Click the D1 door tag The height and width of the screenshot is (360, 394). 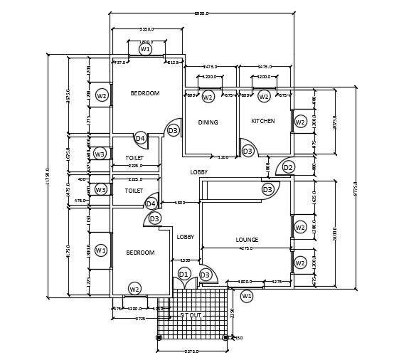coord(184,274)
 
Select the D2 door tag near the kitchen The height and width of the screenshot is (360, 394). coord(288,167)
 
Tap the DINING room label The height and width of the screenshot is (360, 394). coord(208,122)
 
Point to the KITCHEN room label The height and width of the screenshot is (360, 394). coord(263,121)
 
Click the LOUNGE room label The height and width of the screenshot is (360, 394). coord(247,240)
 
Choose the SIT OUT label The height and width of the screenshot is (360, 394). coord(191,314)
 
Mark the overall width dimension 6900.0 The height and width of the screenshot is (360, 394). coord(202,14)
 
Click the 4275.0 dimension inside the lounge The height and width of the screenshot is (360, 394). coord(246,248)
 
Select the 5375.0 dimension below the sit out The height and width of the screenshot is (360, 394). coord(191,351)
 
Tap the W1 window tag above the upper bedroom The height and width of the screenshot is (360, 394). coord(145,49)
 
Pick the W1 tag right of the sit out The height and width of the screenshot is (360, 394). coord(247,295)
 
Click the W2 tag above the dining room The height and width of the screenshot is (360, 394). coord(208,97)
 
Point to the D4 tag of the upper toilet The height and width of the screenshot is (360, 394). coord(140,138)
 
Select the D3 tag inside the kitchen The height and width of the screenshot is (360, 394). coord(247,152)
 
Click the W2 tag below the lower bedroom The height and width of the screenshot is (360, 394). coord(134,289)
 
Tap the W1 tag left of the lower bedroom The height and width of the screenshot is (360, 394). coord(100,250)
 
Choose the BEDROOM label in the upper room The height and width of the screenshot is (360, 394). coord(145,93)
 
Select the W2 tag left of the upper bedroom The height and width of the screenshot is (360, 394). coord(102,95)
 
